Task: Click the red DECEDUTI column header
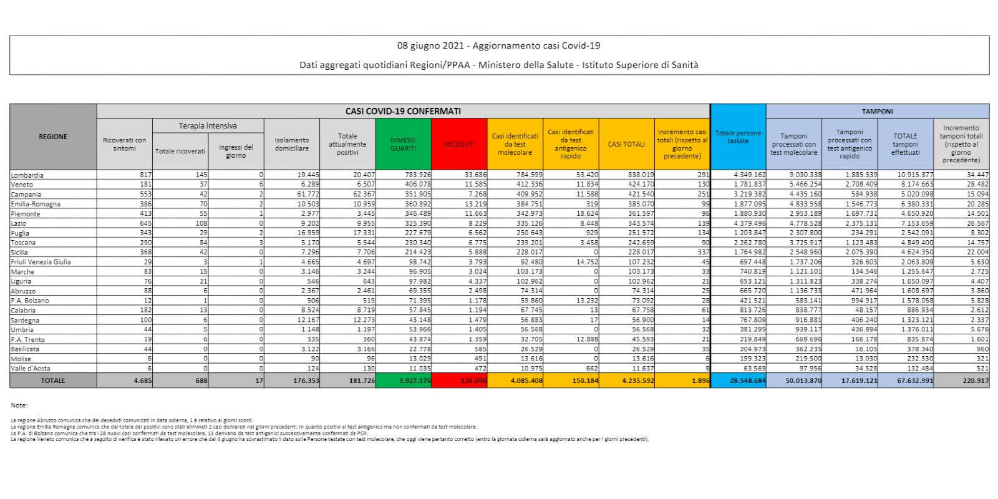(459, 144)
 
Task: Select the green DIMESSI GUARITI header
(403, 144)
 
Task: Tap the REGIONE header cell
(53, 137)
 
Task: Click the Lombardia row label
(27, 175)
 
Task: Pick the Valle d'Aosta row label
(30, 369)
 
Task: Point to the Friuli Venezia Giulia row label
(41, 262)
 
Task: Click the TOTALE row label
(53, 380)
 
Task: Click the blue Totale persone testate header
(738, 137)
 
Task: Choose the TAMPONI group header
(877, 111)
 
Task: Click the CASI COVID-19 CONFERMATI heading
(403, 111)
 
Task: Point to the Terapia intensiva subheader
(208, 126)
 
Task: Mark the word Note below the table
(19, 405)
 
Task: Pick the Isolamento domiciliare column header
(291, 144)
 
